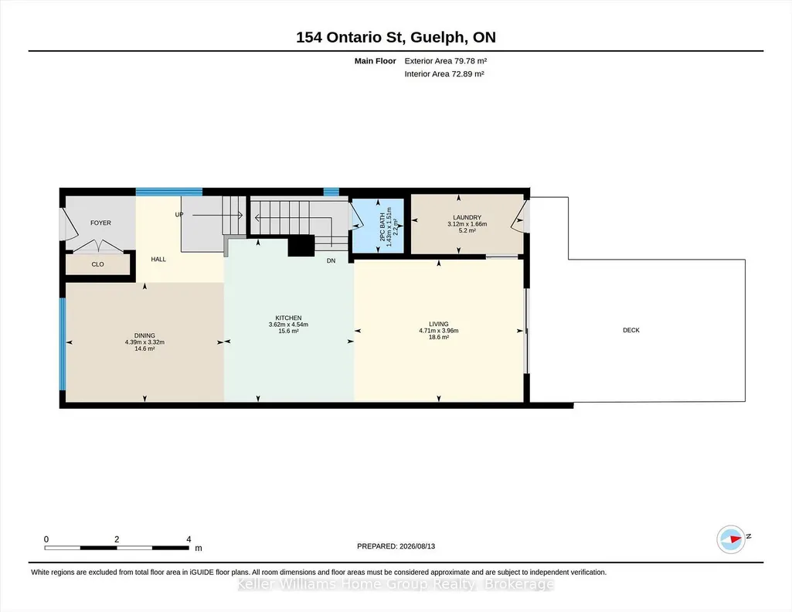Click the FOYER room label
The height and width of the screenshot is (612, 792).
(100, 223)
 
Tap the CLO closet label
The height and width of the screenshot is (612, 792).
(97, 264)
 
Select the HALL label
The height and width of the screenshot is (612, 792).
(158, 259)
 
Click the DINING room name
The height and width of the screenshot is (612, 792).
(144, 335)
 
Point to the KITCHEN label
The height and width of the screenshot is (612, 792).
(288, 318)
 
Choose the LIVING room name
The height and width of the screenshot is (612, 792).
(438, 325)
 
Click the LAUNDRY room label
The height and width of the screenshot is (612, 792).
(467, 218)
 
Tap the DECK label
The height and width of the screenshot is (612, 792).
(631, 330)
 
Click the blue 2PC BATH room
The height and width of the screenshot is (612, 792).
(378, 225)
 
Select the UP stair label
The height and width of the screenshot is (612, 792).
(179, 215)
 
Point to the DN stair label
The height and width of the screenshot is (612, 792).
(331, 260)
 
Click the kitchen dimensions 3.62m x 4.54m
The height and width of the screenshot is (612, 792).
(288, 325)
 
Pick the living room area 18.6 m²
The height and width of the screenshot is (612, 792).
(438, 338)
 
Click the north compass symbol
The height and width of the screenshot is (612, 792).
(731, 539)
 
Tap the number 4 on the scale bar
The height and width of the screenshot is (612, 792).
(189, 539)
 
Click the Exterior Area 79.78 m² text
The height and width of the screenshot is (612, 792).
(446, 61)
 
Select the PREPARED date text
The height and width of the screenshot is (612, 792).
(396, 546)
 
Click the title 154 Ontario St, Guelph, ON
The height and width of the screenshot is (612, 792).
(396, 37)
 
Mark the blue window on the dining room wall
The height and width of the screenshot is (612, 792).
(63, 344)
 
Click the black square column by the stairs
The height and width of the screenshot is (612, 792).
(301, 246)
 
